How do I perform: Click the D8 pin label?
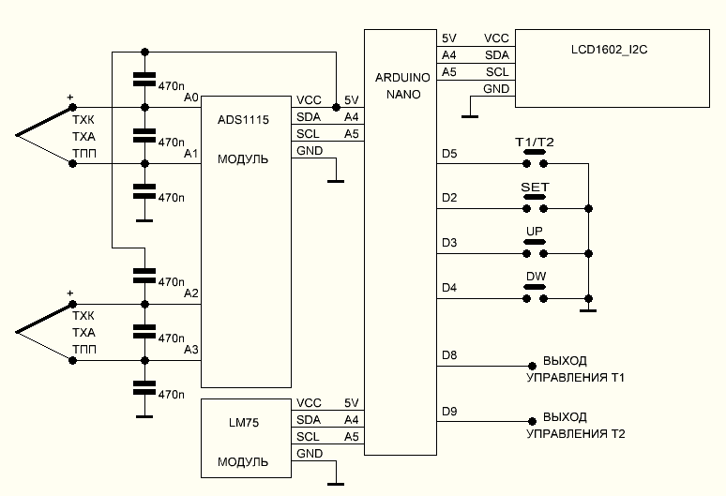(448, 354)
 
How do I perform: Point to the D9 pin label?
(448, 410)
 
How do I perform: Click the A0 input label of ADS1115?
(191, 97)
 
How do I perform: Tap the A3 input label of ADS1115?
(191, 350)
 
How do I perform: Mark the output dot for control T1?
(532, 365)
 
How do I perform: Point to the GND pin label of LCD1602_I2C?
(496, 89)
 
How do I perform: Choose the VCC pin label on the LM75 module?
(309, 402)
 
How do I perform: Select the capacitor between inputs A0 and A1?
(144, 135)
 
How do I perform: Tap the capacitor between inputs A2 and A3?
(144, 331)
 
